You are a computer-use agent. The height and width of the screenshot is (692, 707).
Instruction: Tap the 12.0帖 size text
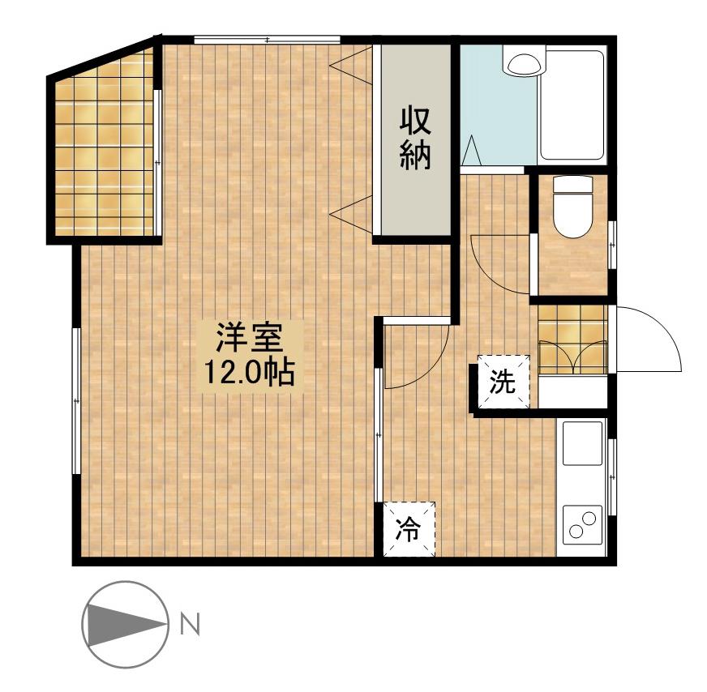(x=250, y=372)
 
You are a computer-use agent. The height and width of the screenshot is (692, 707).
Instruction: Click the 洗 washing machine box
(x=503, y=382)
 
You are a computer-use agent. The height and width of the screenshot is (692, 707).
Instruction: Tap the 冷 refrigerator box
(x=409, y=529)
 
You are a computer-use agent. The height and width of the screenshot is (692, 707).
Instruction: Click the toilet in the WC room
(x=572, y=207)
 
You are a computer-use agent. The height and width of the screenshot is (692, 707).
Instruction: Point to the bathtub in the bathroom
(x=572, y=105)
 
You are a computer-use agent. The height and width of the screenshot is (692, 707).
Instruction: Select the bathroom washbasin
(x=524, y=65)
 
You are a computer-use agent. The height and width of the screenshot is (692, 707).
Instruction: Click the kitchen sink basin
(x=582, y=444)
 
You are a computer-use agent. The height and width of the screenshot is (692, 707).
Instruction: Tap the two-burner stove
(x=582, y=525)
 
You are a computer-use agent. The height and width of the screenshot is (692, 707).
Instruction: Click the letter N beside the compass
(x=190, y=625)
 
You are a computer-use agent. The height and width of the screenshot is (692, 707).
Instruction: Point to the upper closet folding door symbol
(x=351, y=66)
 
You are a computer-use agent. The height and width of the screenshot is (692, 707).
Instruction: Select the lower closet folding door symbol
(x=351, y=215)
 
